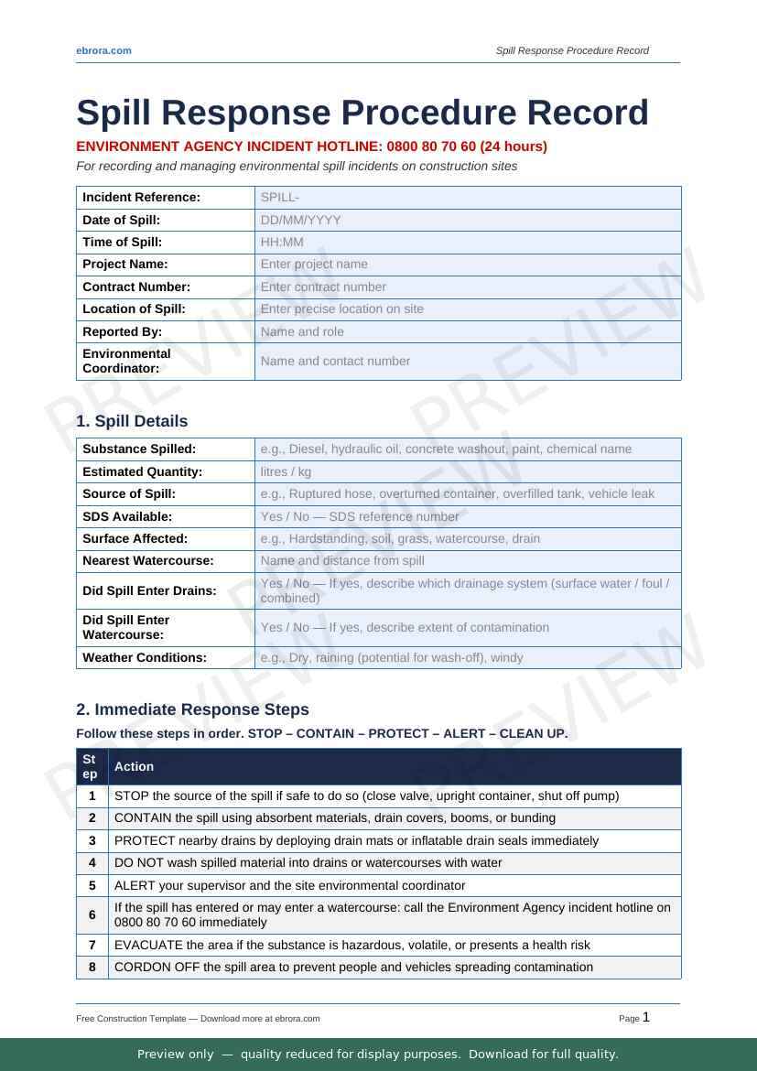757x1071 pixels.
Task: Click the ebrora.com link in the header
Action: (x=103, y=50)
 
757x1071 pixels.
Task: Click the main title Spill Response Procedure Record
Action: (x=362, y=113)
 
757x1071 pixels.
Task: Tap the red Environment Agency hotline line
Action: (x=311, y=146)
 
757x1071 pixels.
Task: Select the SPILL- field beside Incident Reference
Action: (x=467, y=198)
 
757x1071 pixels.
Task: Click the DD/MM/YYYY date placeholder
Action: (x=467, y=220)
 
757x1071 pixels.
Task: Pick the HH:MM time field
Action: (x=467, y=243)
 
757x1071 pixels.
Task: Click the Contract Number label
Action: (x=136, y=287)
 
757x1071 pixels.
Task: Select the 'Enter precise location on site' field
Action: (x=467, y=309)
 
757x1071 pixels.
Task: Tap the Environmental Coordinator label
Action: (x=126, y=361)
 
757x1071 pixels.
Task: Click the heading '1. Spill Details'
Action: (x=132, y=421)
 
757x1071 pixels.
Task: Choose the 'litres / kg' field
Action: (x=467, y=471)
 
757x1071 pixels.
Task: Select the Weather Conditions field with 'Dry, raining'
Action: (x=467, y=657)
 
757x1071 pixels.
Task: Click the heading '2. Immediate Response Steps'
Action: (x=192, y=709)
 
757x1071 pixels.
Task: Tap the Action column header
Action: (x=134, y=767)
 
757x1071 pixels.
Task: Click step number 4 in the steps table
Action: (x=92, y=863)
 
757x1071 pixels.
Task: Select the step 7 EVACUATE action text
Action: (x=351, y=945)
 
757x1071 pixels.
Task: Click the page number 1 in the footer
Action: (x=646, y=1017)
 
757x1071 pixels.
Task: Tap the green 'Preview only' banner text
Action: (x=378, y=1055)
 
